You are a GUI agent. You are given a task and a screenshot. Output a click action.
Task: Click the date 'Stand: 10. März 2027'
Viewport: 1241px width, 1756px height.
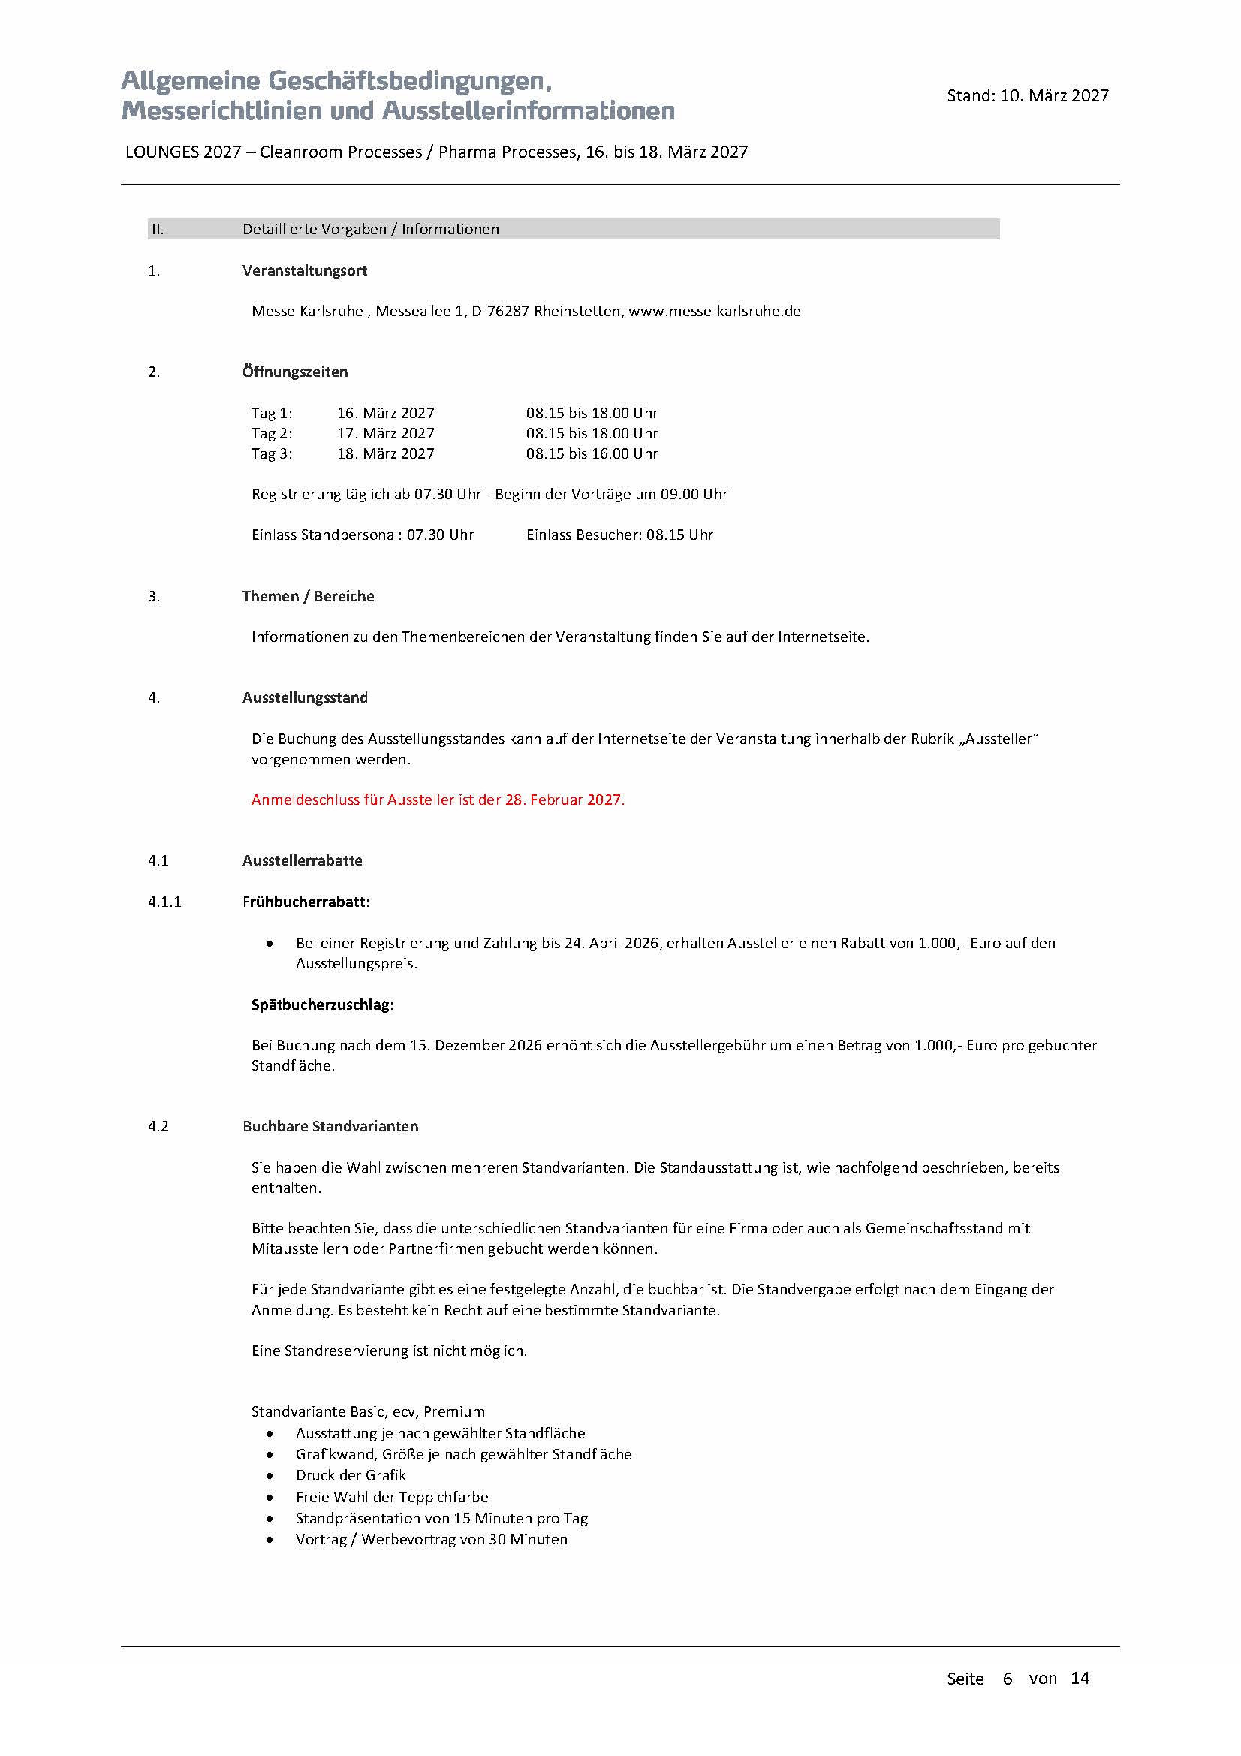[1027, 95]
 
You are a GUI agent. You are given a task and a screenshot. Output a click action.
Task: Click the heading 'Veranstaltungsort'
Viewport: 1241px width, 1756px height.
[304, 271]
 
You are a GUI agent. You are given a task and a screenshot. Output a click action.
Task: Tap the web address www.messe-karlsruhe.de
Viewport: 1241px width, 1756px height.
[714, 312]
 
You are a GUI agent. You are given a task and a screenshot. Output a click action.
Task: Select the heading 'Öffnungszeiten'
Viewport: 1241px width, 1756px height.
[295, 372]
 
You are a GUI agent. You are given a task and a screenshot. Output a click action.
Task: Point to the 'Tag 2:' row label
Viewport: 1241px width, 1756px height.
[272, 434]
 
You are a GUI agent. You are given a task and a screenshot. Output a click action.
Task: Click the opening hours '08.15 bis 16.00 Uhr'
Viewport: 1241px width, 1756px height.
[591, 453]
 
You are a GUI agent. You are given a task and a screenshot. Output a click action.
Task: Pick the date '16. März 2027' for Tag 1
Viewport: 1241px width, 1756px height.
[385, 413]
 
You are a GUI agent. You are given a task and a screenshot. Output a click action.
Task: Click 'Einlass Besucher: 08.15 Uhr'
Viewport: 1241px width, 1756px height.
[619, 535]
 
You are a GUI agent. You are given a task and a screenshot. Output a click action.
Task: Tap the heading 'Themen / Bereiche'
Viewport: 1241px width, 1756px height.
[308, 597]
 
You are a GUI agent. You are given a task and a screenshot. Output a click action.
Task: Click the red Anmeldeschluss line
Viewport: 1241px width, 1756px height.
[438, 800]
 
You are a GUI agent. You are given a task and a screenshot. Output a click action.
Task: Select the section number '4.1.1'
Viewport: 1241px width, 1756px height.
[164, 902]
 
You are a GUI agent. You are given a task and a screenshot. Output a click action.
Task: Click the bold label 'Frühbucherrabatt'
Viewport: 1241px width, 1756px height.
[303, 902]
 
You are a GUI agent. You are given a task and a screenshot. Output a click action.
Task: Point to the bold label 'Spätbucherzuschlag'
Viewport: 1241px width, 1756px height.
[321, 1005]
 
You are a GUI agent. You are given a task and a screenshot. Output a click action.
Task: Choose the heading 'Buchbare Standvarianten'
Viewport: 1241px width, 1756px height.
[330, 1127]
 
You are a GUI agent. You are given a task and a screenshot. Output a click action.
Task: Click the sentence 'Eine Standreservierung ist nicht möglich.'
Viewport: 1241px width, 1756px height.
[389, 1351]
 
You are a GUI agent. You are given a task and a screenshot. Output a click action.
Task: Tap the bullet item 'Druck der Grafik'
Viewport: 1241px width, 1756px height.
[350, 1476]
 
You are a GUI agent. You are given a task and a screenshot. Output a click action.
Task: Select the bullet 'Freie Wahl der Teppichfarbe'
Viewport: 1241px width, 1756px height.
[391, 1498]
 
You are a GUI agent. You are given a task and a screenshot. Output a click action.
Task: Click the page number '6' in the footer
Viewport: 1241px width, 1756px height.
[1007, 1679]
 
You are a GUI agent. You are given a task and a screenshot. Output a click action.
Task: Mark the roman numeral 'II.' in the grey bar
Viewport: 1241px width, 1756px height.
[157, 230]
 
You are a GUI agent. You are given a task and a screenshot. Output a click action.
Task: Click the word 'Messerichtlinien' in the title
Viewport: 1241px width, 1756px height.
[221, 111]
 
